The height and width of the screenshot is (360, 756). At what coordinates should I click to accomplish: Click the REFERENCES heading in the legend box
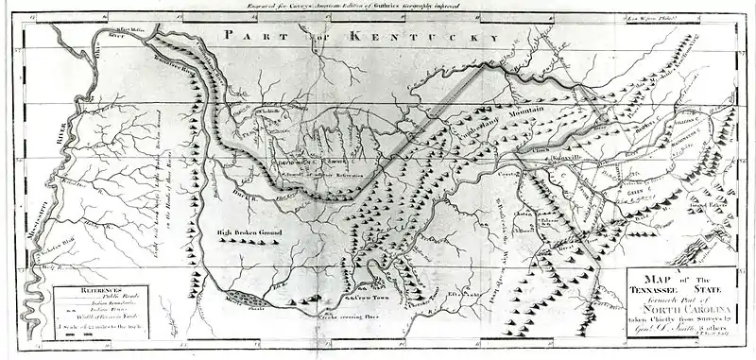(x=87, y=295)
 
